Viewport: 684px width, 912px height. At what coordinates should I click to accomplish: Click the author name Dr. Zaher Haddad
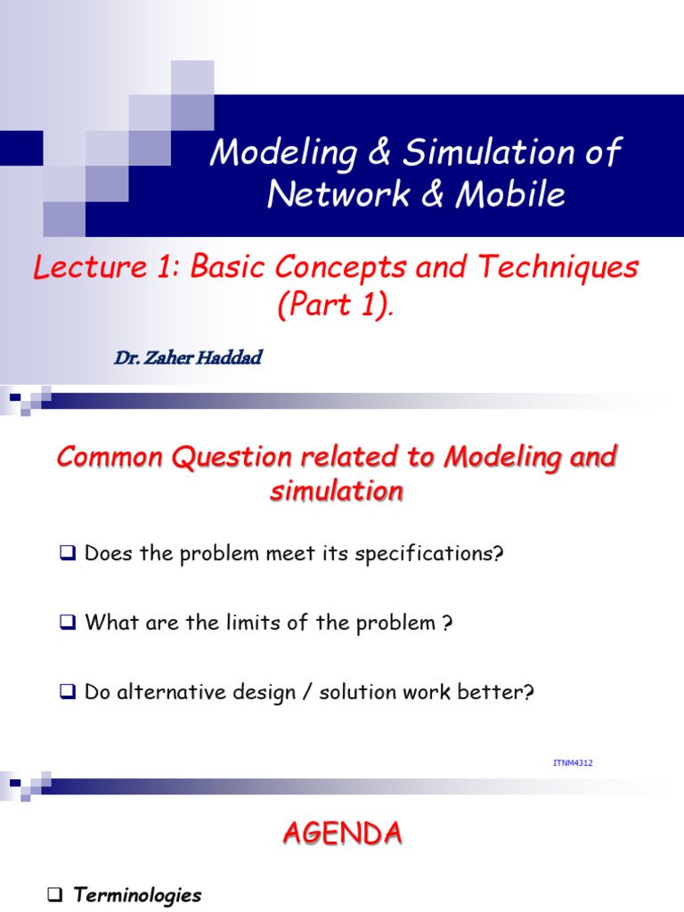click(188, 358)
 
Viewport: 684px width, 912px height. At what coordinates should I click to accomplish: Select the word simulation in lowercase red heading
click(336, 491)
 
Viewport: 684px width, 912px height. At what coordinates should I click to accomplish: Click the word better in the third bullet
click(497, 692)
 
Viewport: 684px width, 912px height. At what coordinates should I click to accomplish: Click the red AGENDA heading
click(342, 834)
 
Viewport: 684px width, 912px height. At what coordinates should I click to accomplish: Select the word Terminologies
click(138, 896)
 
